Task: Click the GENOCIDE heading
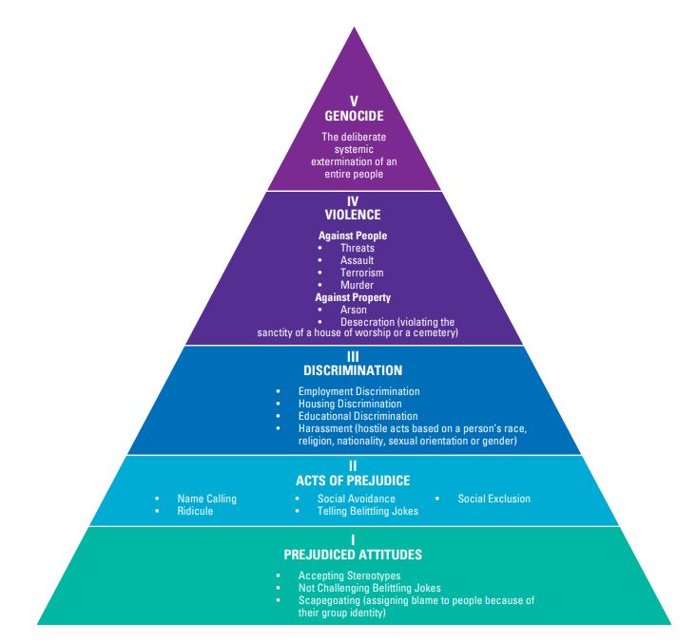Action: pos(353,117)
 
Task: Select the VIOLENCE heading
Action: pos(353,216)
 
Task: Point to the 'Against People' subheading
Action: pos(353,236)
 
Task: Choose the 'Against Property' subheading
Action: pos(353,297)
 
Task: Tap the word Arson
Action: pos(354,310)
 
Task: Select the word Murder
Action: pos(358,285)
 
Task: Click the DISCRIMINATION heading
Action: pos(353,370)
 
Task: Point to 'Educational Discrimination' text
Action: pos(358,416)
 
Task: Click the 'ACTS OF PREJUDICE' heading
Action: pos(353,481)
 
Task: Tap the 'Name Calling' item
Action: pos(206,499)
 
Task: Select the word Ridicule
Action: pos(195,511)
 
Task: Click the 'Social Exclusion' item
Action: pos(494,499)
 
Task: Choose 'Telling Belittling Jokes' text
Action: pos(368,511)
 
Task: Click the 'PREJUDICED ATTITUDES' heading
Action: pos(353,554)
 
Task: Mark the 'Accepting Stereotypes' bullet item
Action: pos(349,576)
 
